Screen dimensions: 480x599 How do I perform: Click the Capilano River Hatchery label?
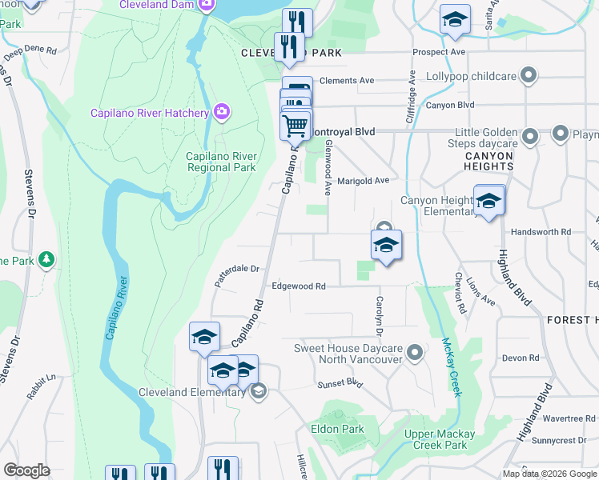click(x=150, y=113)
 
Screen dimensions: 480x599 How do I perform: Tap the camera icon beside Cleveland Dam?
click(x=207, y=5)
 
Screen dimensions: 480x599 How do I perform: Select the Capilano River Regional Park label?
click(x=221, y=162)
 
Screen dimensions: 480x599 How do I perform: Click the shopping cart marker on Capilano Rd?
click(x=295, y=126)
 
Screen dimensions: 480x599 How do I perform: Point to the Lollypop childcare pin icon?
click(x=528, y=77)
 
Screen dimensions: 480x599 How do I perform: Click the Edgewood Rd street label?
click(x=299, y=286)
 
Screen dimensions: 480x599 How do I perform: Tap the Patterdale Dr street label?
click(x=238, y=274)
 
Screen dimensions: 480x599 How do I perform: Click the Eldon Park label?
click(x=342, y=429)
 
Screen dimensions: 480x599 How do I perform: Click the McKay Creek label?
click(x=451, y=367)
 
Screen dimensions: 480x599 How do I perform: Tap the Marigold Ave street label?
click(x=363, y=181)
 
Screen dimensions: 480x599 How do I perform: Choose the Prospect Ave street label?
click(x=439, y=52)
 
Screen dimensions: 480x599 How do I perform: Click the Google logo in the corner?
click(x=26, y=470)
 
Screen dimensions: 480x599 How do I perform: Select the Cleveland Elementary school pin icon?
click(x=258, y=391)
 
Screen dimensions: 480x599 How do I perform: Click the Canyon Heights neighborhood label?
click(x=482, y=160)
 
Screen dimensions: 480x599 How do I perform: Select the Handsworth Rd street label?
click(x=541, y=231)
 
